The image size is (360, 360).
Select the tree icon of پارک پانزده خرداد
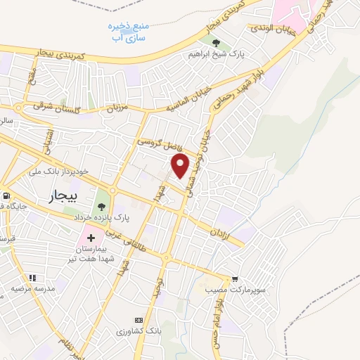pyautogui.click(x=102, y=207)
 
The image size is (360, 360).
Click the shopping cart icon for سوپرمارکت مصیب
pyautogui.click(x=234, y=279)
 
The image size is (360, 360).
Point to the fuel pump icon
pyautogui.click(x=7, y=196)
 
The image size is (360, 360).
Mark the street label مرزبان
pyautogui.click(x=113, y=109)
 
